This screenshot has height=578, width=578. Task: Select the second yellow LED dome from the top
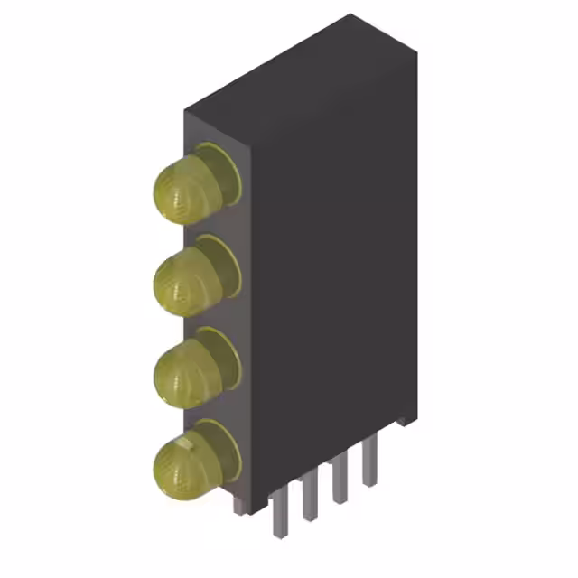coord(181,283)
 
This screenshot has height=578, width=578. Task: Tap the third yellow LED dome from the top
coord(181,372)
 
